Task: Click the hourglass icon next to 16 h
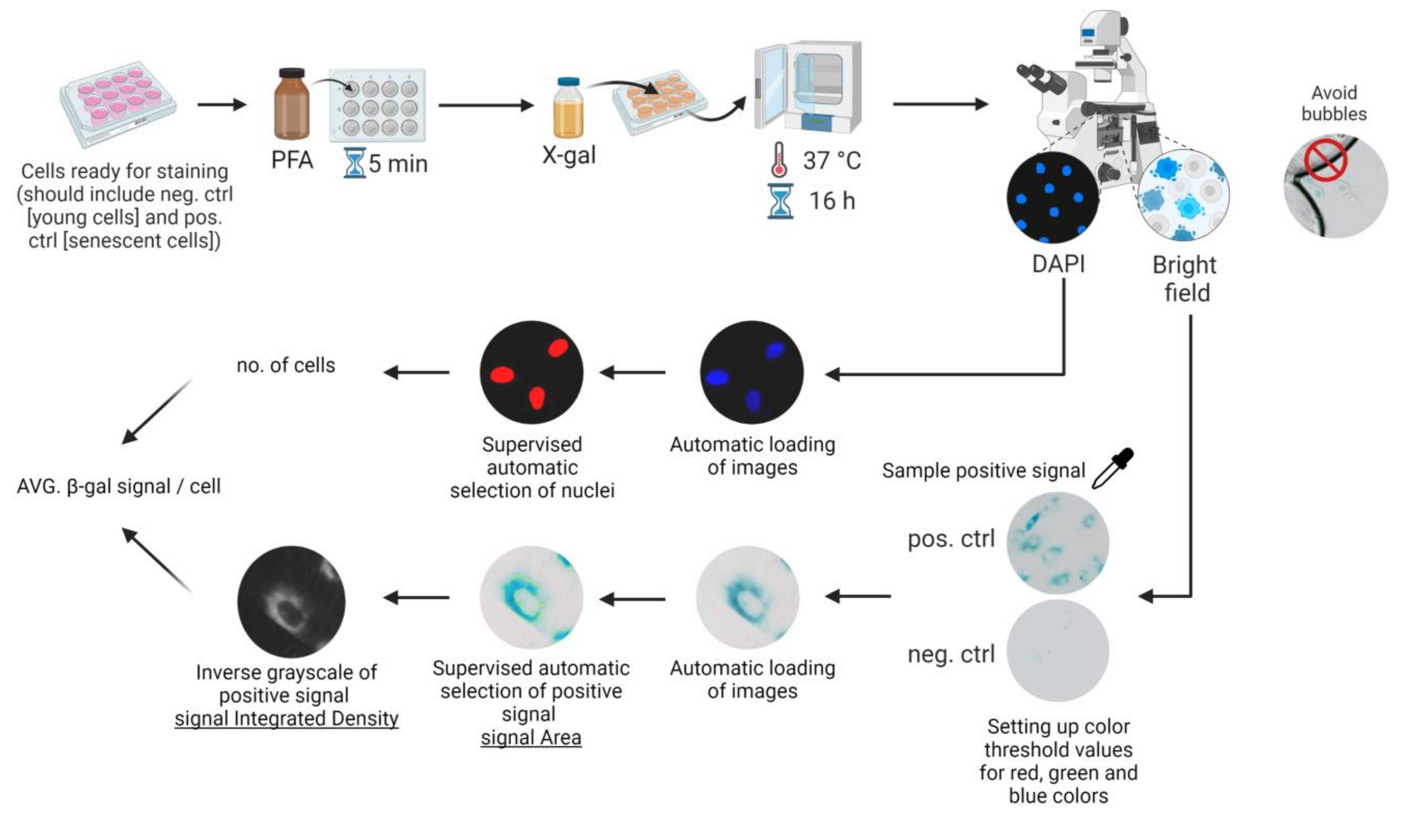tap(780, 201)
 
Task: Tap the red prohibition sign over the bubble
tap(1328, 162)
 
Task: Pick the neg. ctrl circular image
tap(1058, 650)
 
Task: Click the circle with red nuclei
tap(531, 372)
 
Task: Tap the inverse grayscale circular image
tap(291, 601)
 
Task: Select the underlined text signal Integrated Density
tap(287, 719)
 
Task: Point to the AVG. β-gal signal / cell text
tap(119, 486)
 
